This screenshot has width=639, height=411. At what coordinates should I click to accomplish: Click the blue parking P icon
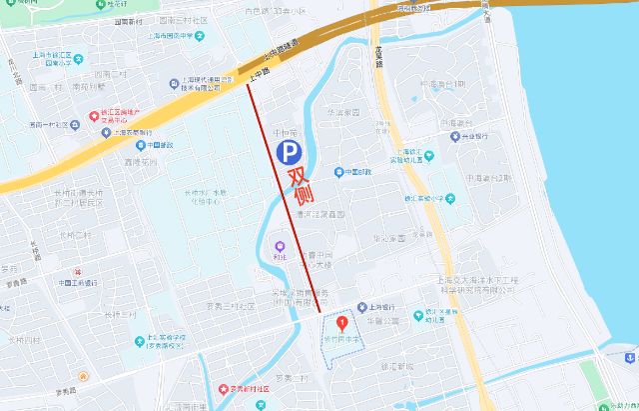[288, 152]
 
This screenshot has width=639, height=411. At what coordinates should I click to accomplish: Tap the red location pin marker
[342, 323]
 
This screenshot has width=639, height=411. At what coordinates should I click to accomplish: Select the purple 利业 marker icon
[279, 243]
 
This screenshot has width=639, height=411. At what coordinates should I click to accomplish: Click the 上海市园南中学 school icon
[200, 37]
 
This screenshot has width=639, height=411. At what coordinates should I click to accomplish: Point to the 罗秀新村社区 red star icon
[222, 389]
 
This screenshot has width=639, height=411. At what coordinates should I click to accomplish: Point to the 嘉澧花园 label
[142, 159]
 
